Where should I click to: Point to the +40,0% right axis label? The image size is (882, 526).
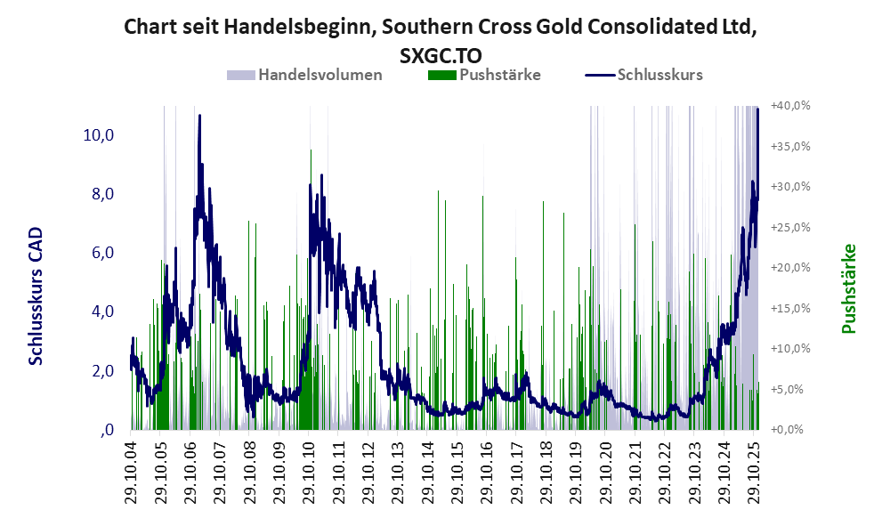(790, 105)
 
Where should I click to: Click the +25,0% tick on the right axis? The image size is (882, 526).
(790, 227)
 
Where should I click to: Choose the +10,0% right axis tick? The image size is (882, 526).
(790, 349)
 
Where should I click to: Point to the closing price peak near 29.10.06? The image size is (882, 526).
(199, 116)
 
